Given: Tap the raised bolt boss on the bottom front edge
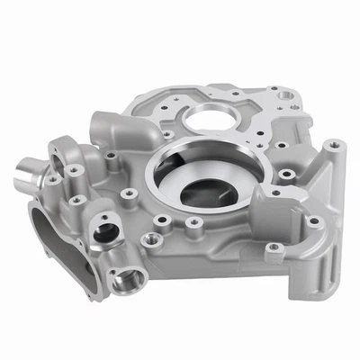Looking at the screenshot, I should coord(153,239).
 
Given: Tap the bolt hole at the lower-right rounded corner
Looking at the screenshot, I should coord(314,220).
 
